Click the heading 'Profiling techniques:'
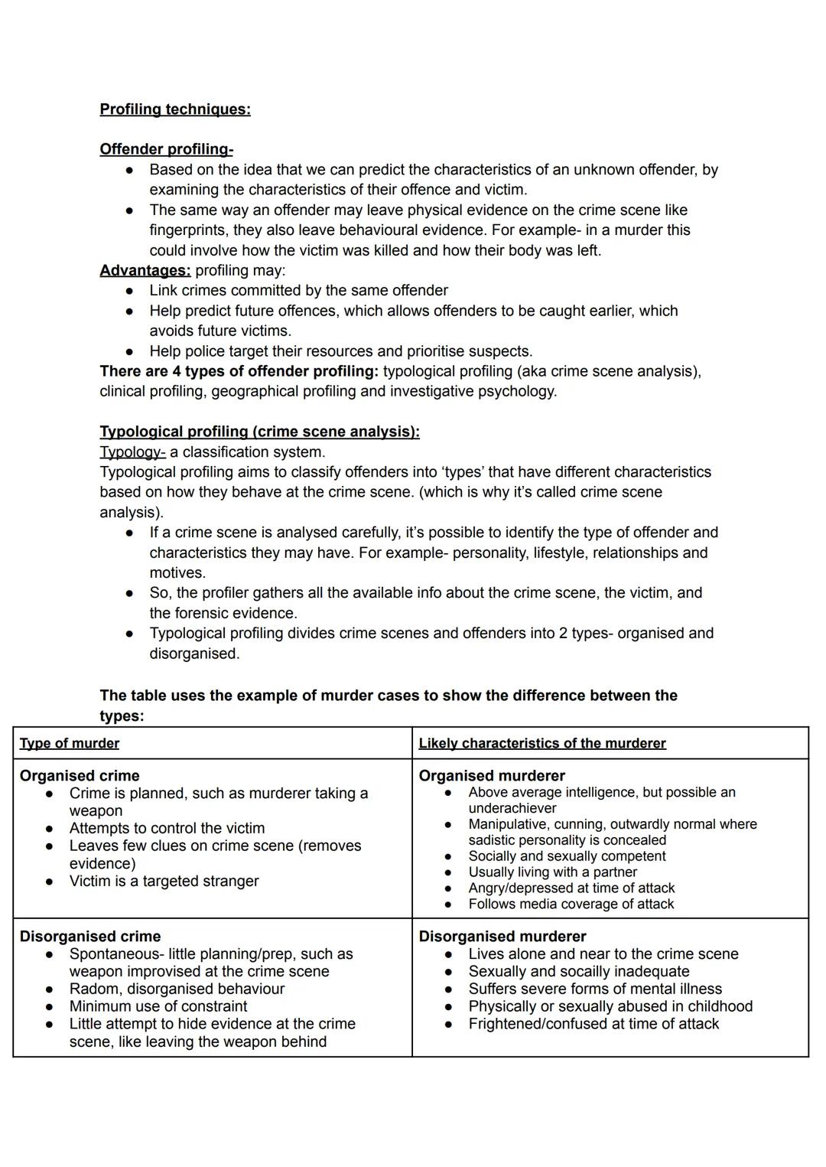(x=174, y=109)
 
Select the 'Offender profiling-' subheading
(x=166, y=149)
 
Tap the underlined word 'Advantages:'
(x=145, y=270)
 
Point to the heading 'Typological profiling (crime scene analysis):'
(x=259, y=432)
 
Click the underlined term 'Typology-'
(x=132, y=451)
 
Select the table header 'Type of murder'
(x=70, y=743)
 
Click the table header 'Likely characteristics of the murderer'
(x=541, y=743)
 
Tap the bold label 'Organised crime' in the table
(x=80, y=775)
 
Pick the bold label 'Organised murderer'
(x=491, y=775)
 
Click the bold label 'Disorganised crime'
(x=90, y=936)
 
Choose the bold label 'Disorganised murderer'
(x=502, y=936)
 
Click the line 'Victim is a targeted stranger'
(x=164, y=881)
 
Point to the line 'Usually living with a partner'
(x=552, y=872)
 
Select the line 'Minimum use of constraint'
(x=158, y=1006)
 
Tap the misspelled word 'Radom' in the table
(x=93, y=989)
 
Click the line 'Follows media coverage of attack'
(x=571, y=904)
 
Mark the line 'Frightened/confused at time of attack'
(x=593, y=1024)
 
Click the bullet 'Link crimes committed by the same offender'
(x=298, y=290)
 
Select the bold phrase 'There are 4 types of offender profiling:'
(x=239, y=371)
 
